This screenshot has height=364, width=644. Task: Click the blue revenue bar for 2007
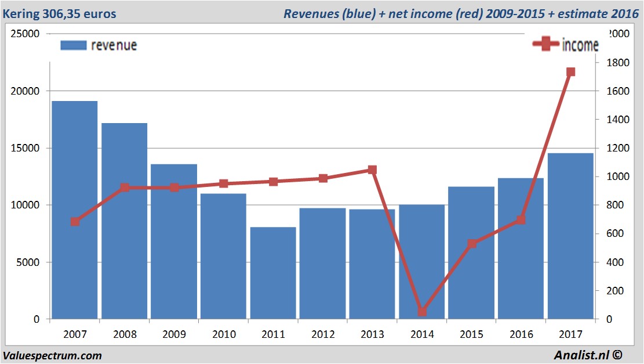(75, 210)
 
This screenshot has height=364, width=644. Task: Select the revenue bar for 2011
(273, 273)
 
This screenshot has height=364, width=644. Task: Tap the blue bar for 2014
(421, 261)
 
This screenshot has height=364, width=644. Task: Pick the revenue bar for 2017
(570, 236)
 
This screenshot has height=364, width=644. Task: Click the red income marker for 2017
(570, 72)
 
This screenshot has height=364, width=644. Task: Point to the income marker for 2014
(421, 312)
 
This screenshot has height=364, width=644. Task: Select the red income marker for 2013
(372, 170)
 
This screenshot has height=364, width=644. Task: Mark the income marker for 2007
(75, 222)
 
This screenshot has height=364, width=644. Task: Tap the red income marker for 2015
(471, 244)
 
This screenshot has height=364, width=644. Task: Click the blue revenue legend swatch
(73, 45)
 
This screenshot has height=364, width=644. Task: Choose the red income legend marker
(545, 45)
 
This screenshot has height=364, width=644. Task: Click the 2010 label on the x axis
(224, 335)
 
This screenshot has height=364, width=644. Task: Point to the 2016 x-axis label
(521, 335)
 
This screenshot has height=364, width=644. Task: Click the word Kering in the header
(24, 13)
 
